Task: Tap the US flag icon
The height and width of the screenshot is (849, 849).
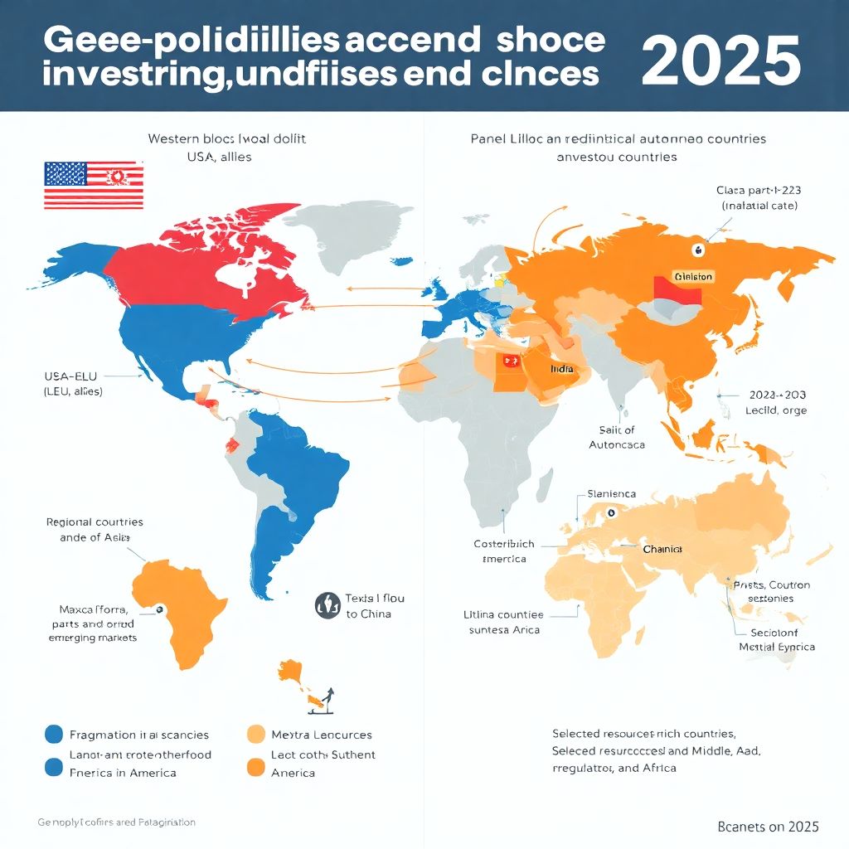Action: click(x=93, y=185)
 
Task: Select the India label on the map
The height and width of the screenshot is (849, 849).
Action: click(x=561, y=368)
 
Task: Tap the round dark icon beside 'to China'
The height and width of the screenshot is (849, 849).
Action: click(x=327, y=605)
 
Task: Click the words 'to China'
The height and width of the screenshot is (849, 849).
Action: click(x=369, y=614)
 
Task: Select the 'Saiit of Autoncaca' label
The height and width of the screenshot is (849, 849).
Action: click(x=616, y=437)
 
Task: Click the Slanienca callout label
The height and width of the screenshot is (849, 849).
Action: click(x=612, y=493)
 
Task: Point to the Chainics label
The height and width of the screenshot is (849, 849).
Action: click(x=662, y=549)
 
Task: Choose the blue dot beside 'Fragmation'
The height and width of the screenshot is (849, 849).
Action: click(x=53, y=734)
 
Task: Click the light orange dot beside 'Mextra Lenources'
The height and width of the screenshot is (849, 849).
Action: click(x=256, y=734)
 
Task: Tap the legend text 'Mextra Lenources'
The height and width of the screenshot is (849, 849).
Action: click(x=322, y=735)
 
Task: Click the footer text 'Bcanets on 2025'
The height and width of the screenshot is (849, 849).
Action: click(x=768, y=827)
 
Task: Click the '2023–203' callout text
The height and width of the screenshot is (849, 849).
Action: click(x=776, y=395)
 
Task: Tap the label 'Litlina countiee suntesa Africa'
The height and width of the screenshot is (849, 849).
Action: click(x=503, y=622)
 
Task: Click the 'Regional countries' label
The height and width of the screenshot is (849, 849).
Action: click(x=95, y=522)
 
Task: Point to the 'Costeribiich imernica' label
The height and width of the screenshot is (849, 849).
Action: click(x=504, y=551)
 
